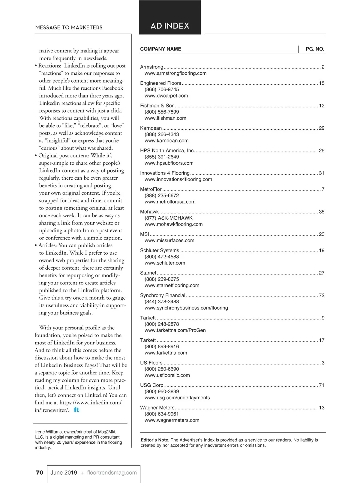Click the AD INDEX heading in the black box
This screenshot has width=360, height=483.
(x=170, y=26)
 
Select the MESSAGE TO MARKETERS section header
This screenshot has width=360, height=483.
(x=69, y=28)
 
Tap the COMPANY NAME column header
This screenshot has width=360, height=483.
(x=160, y=49)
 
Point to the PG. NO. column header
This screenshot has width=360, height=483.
(x=315, y=49)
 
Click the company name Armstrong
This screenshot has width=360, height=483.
(x=151, y=67)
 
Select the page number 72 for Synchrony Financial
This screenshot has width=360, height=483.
(x=322, y=295)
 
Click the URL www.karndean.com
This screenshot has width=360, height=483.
(x=166, y=141)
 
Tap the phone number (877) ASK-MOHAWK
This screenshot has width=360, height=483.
(x=169, y=218)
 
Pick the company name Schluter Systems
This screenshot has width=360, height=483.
(x=160, y=250)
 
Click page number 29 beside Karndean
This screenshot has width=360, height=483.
(x=322, y=128)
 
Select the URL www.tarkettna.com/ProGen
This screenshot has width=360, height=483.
(x=175, y=330)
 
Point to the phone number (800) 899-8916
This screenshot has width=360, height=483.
(x=162, y=346)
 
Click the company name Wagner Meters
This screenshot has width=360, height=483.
(x=157, y=408)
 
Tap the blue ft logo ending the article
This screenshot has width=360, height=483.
(x=76, y=410)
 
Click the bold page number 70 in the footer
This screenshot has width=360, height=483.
(x=40, y=473)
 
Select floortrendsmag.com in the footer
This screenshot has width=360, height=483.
(x=112, y=473)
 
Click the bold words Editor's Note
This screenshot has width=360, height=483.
(x=155, y=440)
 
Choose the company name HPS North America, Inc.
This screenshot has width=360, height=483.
(x=167, y=151)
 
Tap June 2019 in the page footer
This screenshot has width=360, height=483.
(x=64, y=473)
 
